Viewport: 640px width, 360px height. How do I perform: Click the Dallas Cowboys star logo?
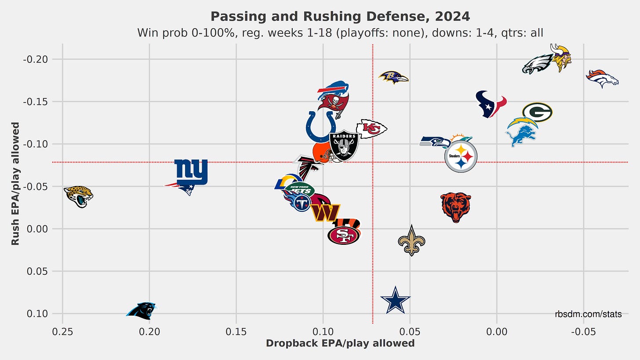click(396, 300)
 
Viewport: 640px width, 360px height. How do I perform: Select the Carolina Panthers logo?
click(142, 310)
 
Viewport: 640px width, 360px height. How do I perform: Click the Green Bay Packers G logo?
click(537, 112)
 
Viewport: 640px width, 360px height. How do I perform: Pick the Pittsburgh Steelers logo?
click(461, 156)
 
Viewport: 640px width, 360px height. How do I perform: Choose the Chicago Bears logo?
click(456, 207)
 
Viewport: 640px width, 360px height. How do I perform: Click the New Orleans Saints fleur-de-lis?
click(411, 240)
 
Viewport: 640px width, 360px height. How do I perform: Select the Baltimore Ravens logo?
click(393, 78)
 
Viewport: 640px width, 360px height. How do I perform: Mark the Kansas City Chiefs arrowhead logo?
click(371, 128)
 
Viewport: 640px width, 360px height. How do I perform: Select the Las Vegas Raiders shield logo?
click(344, 145)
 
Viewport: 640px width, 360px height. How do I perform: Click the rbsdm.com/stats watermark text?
click(588, 314)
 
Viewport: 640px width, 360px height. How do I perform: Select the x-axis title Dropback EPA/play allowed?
click(340, 343)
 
